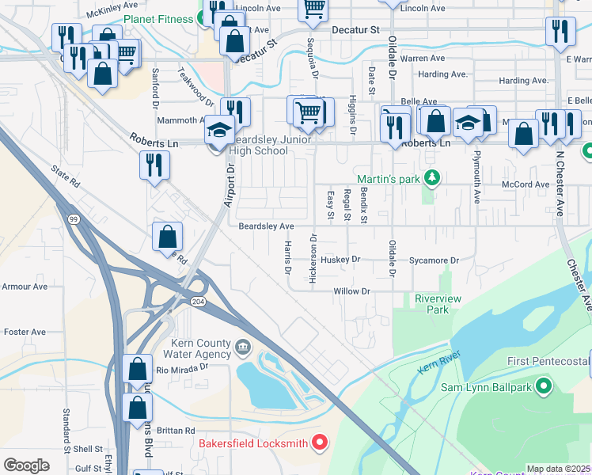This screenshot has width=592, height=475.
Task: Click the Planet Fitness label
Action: [163, 19]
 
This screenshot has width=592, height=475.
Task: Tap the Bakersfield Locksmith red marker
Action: [321, 443]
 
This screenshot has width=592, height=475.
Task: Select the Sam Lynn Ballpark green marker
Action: [544, 386]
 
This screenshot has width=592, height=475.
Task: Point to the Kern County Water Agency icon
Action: [243, 346]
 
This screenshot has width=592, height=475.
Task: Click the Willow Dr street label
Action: [352, 291]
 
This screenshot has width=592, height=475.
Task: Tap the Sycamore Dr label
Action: [434, 260]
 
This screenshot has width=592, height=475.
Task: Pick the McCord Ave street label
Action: [526, 184]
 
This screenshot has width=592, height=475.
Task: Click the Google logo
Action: [26, 465]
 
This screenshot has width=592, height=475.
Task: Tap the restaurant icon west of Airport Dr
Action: [154, 165]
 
